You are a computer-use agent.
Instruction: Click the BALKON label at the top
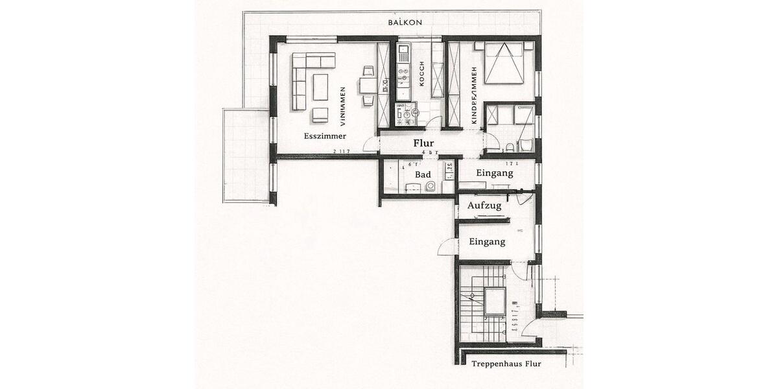click(405, 22)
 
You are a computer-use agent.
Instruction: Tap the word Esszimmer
click(325, 136)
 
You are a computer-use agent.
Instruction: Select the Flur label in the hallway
click(424, 143)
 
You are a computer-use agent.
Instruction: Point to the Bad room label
click(423, 174)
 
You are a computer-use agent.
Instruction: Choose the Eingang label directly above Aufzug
click(494, 173)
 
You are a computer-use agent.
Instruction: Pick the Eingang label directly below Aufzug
click(486, 241)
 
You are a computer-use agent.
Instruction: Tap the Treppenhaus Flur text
click(506, 364)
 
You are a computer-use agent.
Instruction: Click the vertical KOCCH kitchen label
click(422, 74)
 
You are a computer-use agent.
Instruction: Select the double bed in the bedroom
click(504, 64)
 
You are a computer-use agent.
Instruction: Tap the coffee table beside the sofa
click(320, 86)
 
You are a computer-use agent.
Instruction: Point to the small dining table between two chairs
click(368, 86)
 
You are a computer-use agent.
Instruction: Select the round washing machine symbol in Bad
click(430, 187)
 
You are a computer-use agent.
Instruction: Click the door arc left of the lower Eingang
click(447, 247)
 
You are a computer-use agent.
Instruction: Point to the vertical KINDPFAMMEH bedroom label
click(475, 95)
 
